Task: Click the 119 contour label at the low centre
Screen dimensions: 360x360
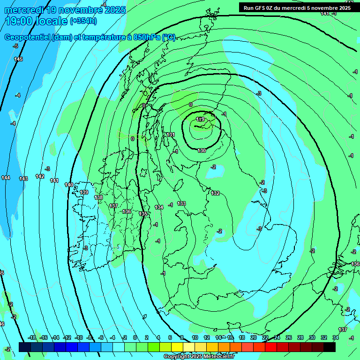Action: point(200,120)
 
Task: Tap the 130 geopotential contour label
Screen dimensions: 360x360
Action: point(202,150)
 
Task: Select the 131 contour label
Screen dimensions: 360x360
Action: point(171,135)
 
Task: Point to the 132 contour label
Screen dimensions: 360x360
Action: point(215,193)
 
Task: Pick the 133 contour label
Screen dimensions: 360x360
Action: point(182,203)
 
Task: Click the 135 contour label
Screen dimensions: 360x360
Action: point(143,214)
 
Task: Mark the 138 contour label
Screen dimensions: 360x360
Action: point(98,197)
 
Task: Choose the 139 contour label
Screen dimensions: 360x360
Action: point(84,192)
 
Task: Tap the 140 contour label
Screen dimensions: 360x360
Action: point(69,185)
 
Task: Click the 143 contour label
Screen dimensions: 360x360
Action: point(23,179)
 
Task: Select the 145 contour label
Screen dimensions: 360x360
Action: point(18,59)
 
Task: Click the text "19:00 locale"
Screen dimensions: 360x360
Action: point(36,21)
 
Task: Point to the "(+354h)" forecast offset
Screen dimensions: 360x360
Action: point(83,21)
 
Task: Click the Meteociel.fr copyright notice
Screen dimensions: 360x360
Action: point(199,357)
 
